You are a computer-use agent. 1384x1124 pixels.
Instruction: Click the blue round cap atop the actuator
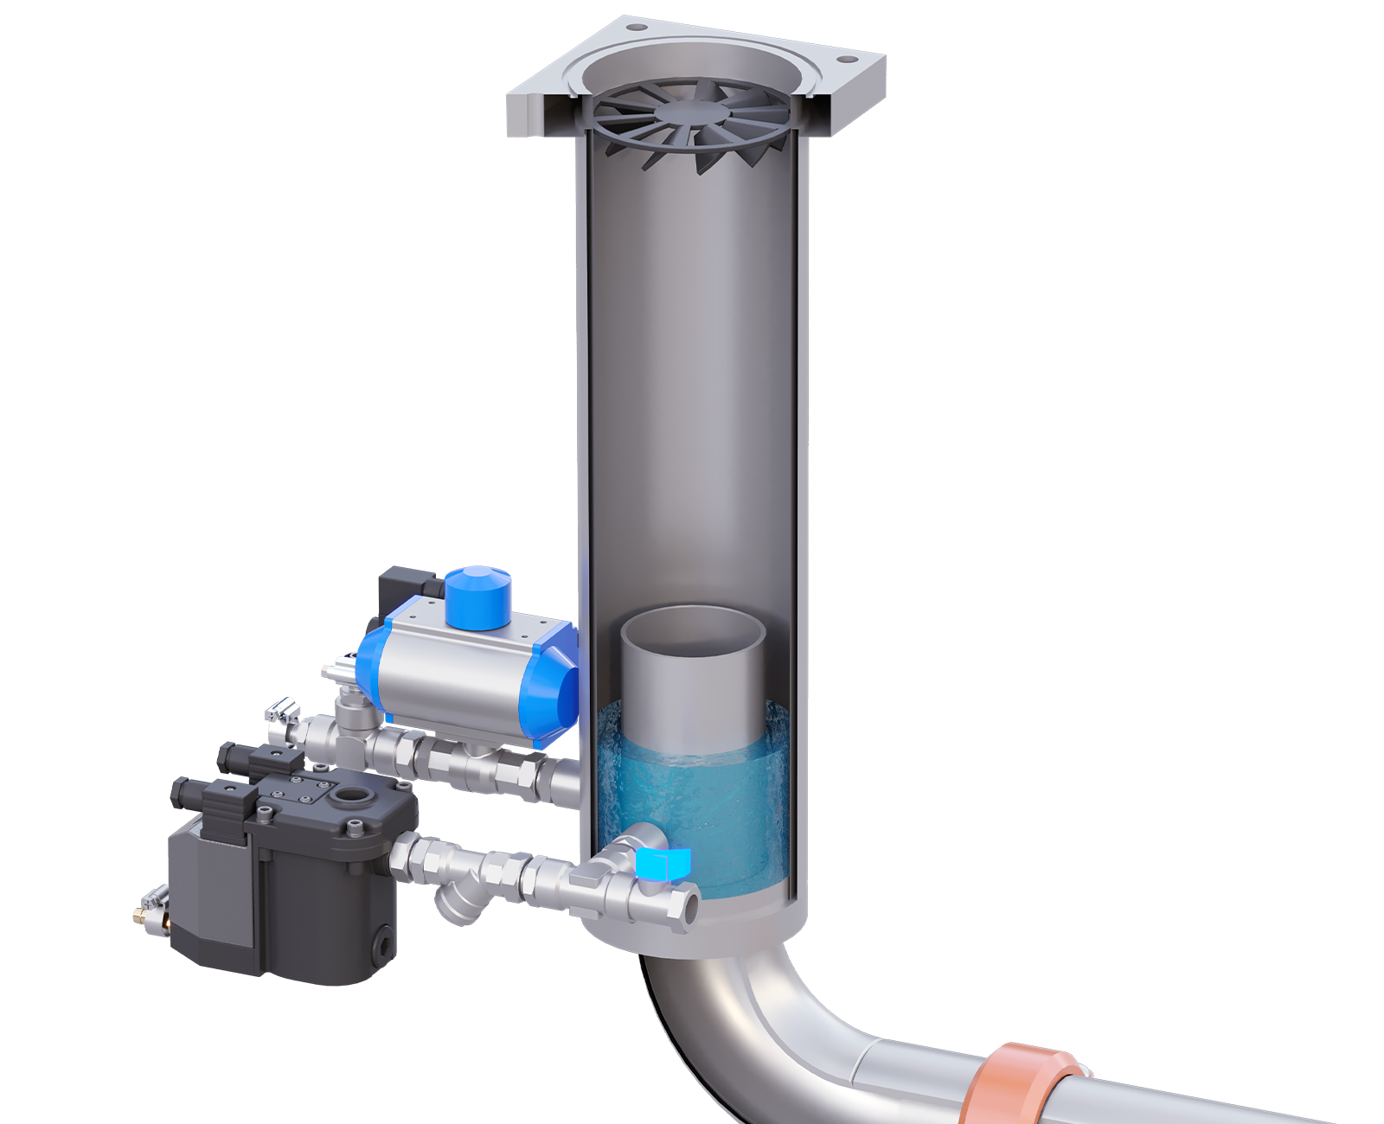tap(477, 595)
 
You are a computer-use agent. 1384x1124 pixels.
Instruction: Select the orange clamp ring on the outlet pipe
tap(1016, 1085)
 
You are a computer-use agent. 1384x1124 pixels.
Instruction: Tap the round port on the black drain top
tap(353, 795)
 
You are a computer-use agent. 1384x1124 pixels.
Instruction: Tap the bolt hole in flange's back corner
tap(638, 28)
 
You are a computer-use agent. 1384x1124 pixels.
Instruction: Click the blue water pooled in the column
tap(692, 804)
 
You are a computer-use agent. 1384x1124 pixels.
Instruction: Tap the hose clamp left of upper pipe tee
tap(283, 713)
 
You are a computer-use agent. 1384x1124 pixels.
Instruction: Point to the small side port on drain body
tap(381, 944)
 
